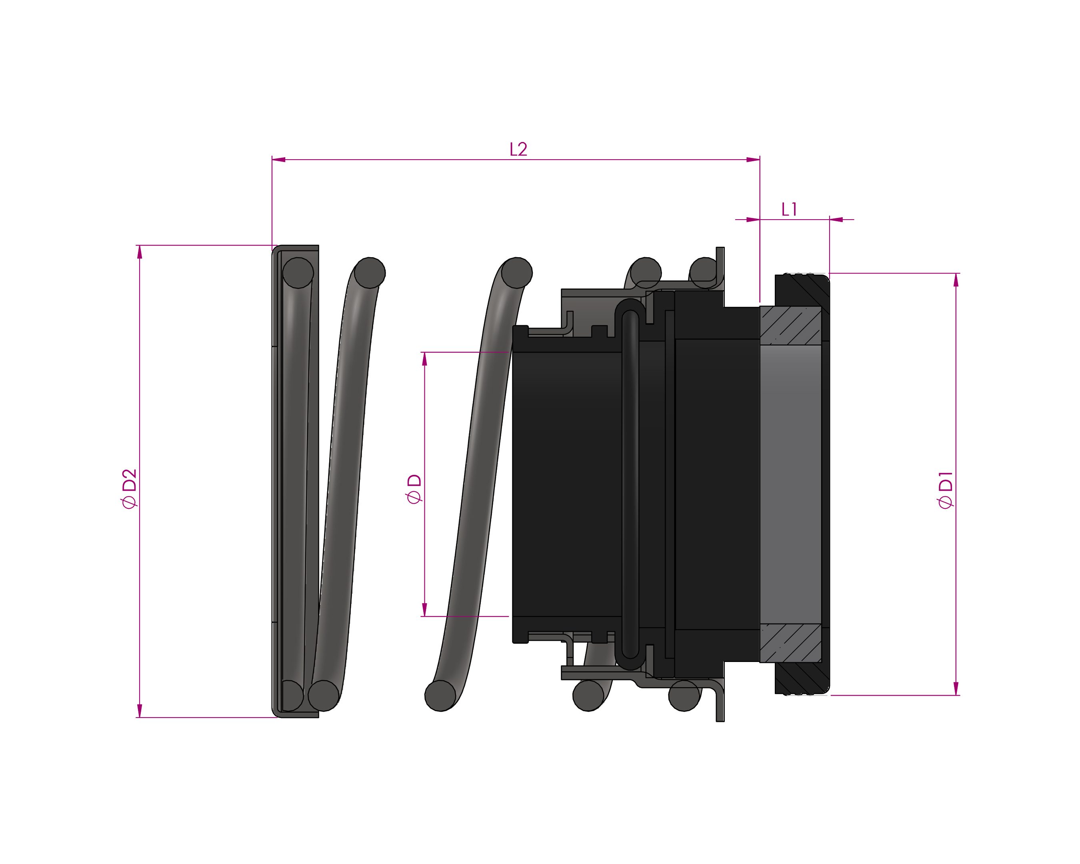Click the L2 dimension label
click(518, 149)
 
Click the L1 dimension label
click(789, 209)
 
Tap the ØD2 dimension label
click(129, 489)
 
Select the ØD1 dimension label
click(945, 490)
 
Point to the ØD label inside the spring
click(414, 489)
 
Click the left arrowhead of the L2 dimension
click(278, 160)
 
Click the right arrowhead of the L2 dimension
click(753, 160)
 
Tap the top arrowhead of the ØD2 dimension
click(140, 252)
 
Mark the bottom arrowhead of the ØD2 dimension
click(140, 711)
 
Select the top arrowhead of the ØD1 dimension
click(956, 280)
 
